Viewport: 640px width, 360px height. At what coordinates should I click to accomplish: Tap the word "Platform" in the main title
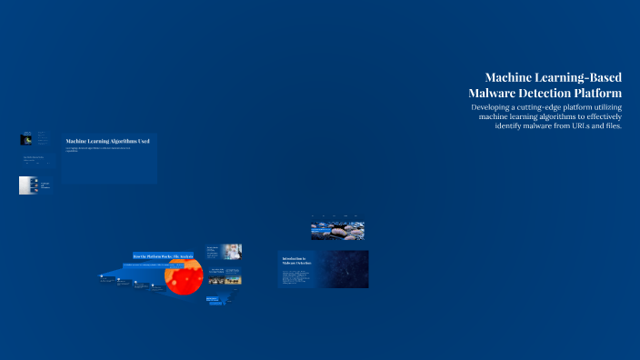(595, 94)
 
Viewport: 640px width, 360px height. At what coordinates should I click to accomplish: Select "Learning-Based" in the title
(580, 78)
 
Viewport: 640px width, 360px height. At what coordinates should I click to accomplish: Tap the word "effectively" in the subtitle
(596, 116)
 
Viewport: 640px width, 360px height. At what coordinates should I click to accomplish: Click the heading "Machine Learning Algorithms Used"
(107, 141)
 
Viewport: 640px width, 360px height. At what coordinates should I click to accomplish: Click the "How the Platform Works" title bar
(162, 256)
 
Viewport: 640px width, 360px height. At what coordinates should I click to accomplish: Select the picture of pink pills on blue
(338, 231)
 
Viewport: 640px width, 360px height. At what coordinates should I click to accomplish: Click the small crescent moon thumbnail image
(26, 139)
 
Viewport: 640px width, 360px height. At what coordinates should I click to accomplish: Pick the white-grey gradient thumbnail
(27, 185)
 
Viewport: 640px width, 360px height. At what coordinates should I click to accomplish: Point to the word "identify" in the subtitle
(514, 125)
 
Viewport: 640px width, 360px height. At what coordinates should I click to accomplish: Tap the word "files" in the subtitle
(611, 125)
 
